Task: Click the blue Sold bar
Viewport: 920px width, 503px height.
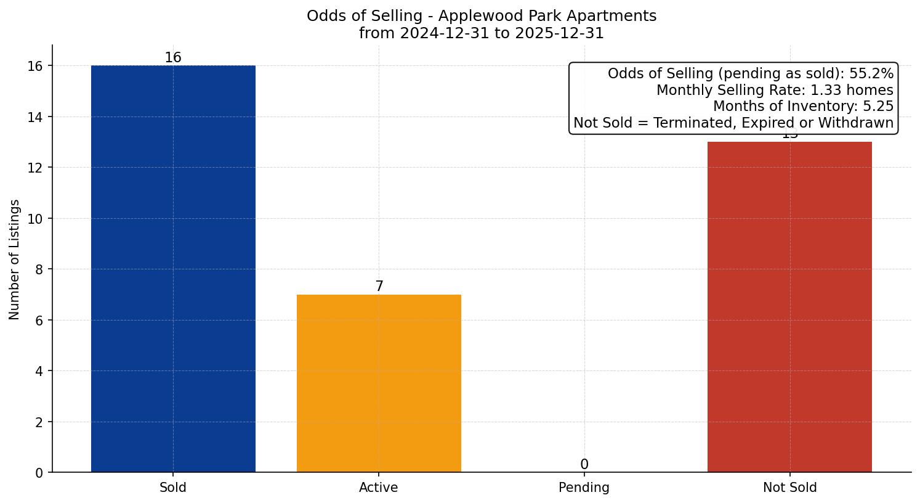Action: (173, 269)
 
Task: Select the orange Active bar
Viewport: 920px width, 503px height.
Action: (379, 383)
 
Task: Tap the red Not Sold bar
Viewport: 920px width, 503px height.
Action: (789, 307)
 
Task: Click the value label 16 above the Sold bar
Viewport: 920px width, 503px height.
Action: (173, 58)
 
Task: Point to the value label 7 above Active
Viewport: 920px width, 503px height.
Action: (379, 287)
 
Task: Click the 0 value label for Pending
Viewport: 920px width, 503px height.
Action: (584, 465)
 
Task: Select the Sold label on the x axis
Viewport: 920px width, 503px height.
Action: (173, 488)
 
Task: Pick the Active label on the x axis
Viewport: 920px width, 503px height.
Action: (379, 488)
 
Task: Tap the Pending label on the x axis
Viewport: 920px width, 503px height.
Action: (584, 488)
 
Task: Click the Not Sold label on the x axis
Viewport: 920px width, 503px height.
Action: (789, 488)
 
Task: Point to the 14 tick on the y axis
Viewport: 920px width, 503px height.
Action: (36, 117)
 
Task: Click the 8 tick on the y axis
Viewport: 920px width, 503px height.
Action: (39, 269)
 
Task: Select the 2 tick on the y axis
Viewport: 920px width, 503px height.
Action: (39, 422)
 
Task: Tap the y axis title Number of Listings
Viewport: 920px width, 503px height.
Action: (15, 260)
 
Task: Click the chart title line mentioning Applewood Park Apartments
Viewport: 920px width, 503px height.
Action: (482, 16)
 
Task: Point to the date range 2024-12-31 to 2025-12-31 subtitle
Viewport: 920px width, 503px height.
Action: (482, 33)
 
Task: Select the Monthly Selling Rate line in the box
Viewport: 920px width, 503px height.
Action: (775, 90)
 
